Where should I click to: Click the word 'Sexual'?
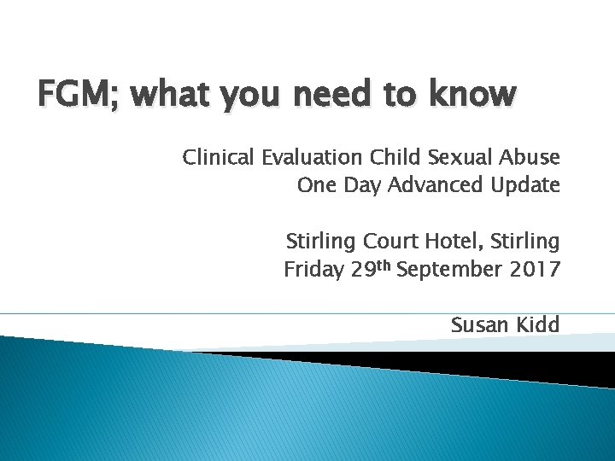[459, 158]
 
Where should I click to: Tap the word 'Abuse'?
[530, 158]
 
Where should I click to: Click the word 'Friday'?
[314, 271]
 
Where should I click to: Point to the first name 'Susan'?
[479, 324]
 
